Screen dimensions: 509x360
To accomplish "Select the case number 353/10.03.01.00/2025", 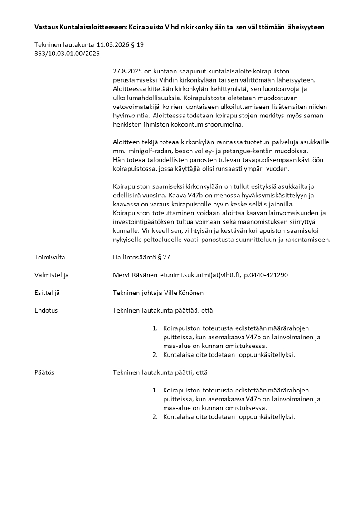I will pyautogui.click(x=67, y=53).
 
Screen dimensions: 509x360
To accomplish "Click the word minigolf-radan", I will pyautogui.click(x=146, y=150).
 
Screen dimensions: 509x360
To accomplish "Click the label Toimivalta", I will pyautogui.click(x=49, y=257).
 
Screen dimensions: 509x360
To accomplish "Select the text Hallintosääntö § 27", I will pyautogui.click(x=141, y=257).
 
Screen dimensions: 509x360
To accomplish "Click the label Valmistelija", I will pyautogui.click(x=51, y=275).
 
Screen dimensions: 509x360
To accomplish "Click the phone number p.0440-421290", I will pyautogui.click(x=266, y=275).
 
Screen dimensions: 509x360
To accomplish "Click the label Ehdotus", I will pyautogui.click(x=46, y=310).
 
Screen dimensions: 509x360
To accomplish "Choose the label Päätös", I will pyautogui.click(x=44, y=372).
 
